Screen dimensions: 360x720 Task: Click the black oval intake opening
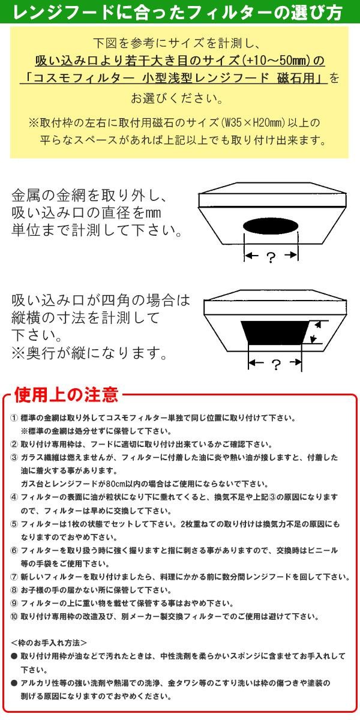[x=271, y=227]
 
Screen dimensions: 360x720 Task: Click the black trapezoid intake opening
[x=275, y=332]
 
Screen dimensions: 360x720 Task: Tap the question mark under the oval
[x=271, y=257]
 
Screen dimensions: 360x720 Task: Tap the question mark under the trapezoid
[x=276, y=365]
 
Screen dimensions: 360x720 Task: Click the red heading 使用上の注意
[x=66, y=395]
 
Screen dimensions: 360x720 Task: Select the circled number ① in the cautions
[x=14, y=418]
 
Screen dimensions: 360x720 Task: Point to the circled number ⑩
[x=14, y=617]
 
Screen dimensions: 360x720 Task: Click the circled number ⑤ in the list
[x=14, y=524]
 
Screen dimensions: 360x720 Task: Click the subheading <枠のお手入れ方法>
[x=49, y=643]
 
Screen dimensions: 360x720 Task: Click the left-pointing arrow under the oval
[x=251, y=256]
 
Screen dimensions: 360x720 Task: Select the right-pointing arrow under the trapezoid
[x=295, y=362]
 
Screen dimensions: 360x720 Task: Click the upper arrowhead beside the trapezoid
[x=317, y=325]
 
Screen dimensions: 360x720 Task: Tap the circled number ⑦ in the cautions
[x=14, y=577]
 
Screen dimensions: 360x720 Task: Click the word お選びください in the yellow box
[x=176, y=98]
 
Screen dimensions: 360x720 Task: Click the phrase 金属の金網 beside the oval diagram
[x=49, y=195]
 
